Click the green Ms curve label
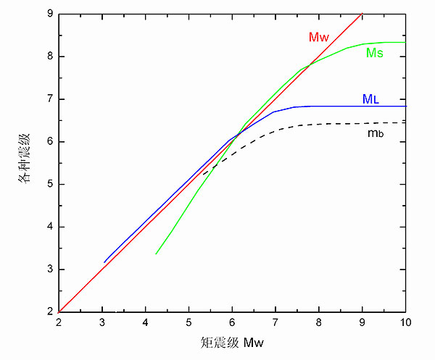coord(375,53)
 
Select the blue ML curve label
coord(370,98)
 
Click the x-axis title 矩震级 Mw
coord(231,343)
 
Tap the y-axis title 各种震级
coord(23,163)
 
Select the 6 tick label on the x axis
coord(232,324)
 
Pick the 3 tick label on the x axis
coord(102,324)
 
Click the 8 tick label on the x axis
coord(319,324)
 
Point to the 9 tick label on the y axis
coord(49,14)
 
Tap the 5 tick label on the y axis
coord(49,184)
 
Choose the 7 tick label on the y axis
coord(49,99)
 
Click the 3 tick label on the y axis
coord(49,269)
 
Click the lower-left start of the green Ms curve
coord(156,254)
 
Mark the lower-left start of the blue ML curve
coord(104,262)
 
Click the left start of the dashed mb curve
coord(203,173)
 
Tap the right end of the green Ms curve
coord(405,42)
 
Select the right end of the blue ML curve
coord(405,106)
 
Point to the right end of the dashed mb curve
coord(405,122)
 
